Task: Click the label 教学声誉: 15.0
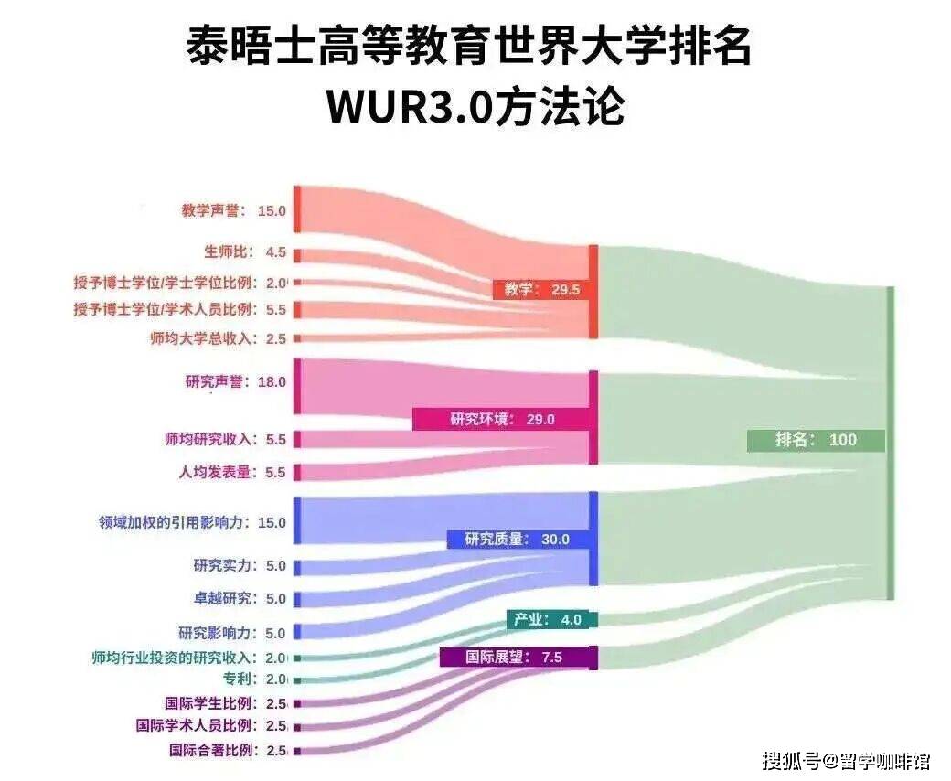point(234,210)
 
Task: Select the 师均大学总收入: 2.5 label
point(219,338)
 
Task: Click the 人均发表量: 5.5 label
point(232,473)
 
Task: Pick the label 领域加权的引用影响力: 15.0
point(193,523)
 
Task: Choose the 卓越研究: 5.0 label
point(240,599)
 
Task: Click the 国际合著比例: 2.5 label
point(228,751)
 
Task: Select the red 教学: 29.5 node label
point(541,289)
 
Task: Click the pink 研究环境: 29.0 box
point(502,420)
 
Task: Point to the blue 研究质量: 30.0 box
point(517,540)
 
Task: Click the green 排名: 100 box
point(816,440)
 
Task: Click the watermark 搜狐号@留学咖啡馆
point(846,760)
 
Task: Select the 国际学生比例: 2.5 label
point(226,703)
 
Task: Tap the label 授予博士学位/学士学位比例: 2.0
point(180,283)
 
